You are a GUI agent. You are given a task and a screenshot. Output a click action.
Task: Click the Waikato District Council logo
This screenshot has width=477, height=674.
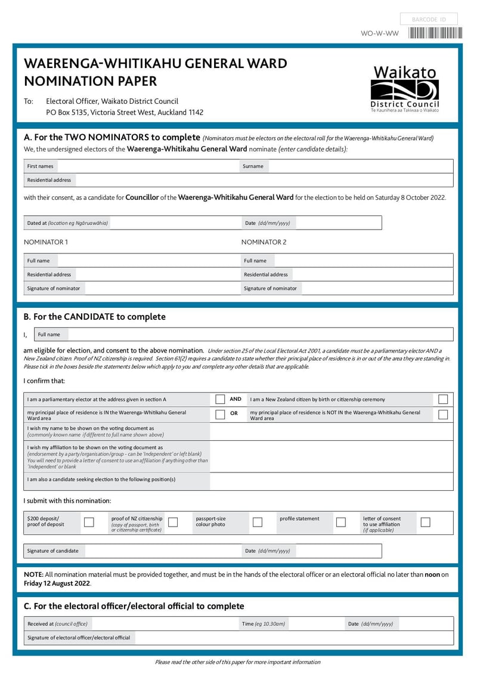pos(405,89)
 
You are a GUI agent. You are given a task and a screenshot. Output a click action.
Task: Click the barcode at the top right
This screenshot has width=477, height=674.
pos(435,33)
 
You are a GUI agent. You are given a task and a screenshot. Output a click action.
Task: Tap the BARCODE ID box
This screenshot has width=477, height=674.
pos(429,20)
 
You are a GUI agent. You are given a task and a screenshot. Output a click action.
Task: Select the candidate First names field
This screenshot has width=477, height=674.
pos(146,166)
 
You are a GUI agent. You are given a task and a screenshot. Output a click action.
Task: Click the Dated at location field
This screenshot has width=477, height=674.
pos(173,223)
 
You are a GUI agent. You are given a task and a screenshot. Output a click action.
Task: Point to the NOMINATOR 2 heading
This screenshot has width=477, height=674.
pos(264,242)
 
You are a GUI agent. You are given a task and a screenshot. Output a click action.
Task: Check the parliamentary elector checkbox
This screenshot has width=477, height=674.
pos(220,400)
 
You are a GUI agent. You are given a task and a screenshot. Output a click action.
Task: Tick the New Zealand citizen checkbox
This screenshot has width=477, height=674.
pos(443,400)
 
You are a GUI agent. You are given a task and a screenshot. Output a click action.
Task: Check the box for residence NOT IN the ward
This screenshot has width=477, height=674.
pos(443,415)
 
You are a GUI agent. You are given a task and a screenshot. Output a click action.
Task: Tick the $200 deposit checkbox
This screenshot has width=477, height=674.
pos(89,522)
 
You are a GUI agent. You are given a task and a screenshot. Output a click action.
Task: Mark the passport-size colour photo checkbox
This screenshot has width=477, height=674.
pos(258,522)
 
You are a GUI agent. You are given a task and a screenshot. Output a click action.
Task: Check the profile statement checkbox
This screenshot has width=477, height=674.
pos(341,522)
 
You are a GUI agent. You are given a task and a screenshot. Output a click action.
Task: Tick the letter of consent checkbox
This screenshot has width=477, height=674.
pos(425,522)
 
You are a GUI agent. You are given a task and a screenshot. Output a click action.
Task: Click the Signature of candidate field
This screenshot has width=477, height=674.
pos(161,551)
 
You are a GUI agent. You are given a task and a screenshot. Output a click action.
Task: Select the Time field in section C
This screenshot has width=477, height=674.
pos(316,624)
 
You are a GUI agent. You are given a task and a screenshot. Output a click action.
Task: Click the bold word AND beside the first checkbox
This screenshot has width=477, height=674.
pos(236,399)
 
